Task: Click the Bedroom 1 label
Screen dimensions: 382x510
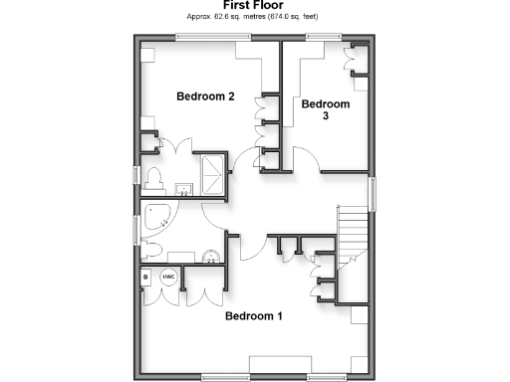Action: pos(253,317)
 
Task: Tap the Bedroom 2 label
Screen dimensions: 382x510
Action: pos(205,96)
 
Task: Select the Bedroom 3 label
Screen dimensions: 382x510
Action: pos(326,109)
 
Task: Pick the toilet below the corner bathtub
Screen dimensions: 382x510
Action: pos(152,250)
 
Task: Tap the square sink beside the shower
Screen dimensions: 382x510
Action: pos(183,188)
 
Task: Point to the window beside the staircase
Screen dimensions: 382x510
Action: pos(373,193)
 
